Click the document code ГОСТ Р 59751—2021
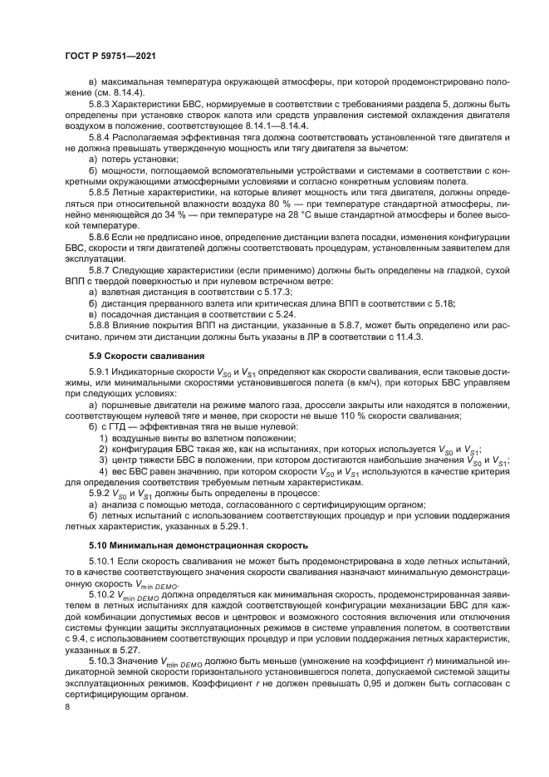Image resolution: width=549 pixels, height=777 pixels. coord(111,55)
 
